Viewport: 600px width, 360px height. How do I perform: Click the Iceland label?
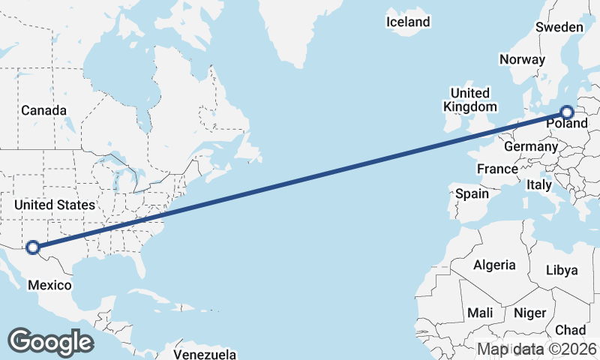[408, 22]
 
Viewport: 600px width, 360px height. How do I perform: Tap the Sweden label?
[559, 27]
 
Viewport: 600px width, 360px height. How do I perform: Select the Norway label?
[522, 59]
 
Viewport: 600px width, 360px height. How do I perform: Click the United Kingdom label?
[469, 100]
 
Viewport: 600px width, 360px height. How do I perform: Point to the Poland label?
[567, 123]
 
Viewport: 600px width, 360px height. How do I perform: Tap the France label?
[496, 169]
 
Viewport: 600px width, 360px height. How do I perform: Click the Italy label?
[538, 184]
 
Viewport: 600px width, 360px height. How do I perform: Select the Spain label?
[472, 193]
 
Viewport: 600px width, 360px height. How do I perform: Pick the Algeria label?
[494, 265]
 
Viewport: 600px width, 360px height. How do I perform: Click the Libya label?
[562, 270]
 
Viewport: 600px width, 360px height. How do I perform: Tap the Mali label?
[479, 312]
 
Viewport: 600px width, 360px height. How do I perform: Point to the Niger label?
[529, 312]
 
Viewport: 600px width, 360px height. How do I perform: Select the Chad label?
[570, 330]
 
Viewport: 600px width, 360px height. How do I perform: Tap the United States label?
[55, 205]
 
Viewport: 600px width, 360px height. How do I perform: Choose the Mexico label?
[49, 285]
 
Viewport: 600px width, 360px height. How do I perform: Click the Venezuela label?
[205, 354]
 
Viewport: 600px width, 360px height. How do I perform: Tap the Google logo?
[50, 341]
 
